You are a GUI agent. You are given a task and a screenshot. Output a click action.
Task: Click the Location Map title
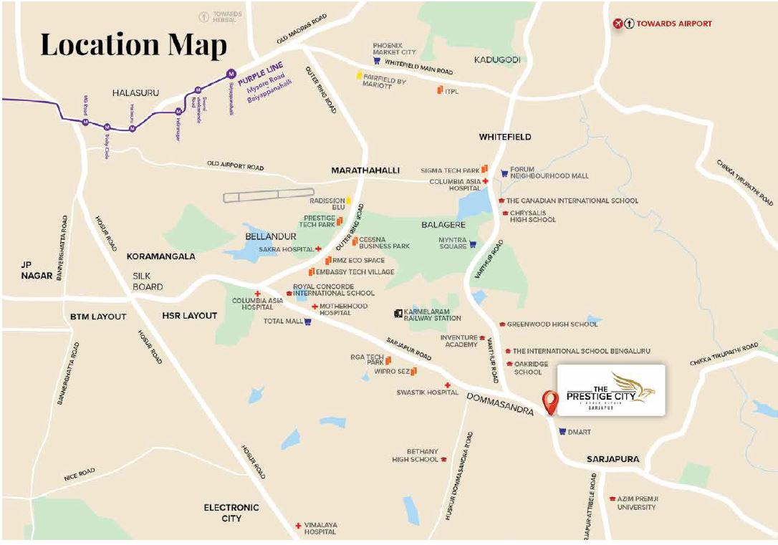(x=133, y=44)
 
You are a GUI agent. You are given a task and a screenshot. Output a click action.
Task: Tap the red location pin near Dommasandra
(x=550, y=402)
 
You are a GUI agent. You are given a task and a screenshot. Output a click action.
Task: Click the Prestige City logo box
(x=611, y=390)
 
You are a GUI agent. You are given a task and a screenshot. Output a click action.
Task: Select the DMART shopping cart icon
(x=562, y=432)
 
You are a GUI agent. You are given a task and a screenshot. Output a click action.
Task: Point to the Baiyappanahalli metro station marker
(x=231, y=73)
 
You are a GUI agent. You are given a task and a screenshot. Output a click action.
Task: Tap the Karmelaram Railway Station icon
(x=398, y=314)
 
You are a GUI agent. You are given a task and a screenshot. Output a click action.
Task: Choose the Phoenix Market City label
(x=394, y=49)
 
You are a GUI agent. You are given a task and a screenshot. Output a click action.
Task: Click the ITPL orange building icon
(x=439, y=90)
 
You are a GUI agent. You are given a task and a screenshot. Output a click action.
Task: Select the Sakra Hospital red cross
(x=318, y=249)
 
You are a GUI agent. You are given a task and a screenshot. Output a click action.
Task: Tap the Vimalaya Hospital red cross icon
(x=298, y=526)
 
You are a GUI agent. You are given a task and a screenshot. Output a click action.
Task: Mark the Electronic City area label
(x=231, y=513)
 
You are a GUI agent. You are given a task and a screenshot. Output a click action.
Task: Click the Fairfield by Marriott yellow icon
(x=359, y=75)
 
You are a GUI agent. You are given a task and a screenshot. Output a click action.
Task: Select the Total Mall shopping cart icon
(x=307, y=322)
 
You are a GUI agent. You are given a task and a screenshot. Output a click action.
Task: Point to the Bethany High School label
(x=415, y=455)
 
